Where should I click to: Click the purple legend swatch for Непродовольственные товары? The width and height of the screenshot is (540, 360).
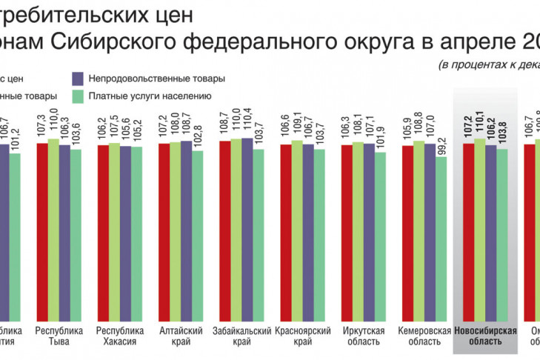78,78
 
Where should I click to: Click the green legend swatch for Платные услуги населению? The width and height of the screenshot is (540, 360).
78,96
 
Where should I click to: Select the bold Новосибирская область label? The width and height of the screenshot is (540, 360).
485,336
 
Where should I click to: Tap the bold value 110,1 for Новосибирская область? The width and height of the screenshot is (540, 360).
479,127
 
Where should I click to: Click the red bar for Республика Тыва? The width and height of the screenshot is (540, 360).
42,230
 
